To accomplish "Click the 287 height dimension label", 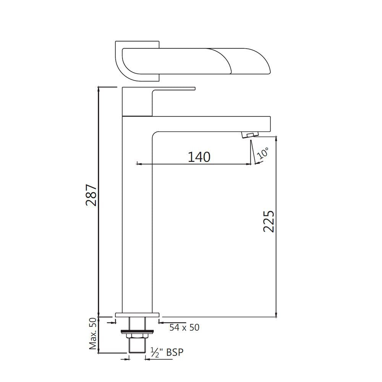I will (x=92, y=195).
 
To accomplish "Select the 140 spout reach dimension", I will (x=199, y=157).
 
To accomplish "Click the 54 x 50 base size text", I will (x=185, y=327).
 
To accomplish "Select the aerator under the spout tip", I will (x=250, y=134).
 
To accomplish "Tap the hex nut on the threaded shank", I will (x=137, y=335).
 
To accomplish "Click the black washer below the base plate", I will (x=137, y=330).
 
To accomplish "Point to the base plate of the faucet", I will (x=137, y=315).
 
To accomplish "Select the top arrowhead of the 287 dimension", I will (x=99, y=89).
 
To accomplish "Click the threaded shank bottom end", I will (x=137, y=351).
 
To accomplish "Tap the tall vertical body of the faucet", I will (x=137, y=222).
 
